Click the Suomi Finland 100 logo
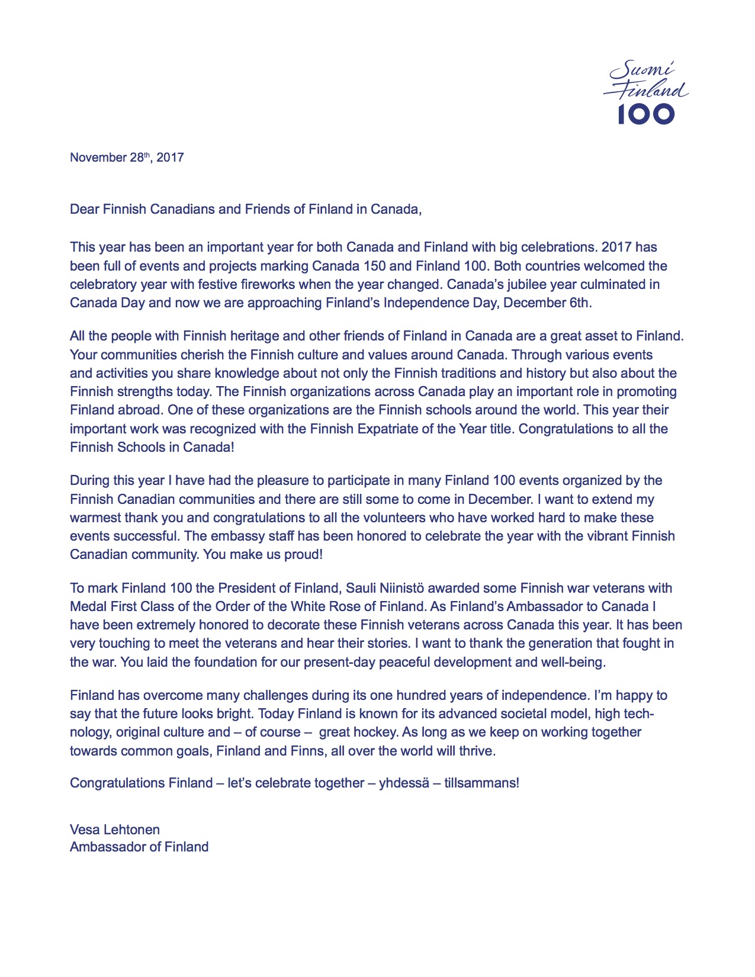(x=645, y=93)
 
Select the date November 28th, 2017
(x=127, y=158)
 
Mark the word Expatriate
(x=391, y=428)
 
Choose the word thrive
(x=477, y=751)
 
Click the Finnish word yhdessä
(x=403, y=783)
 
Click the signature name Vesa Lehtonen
(x=115, y=830)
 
